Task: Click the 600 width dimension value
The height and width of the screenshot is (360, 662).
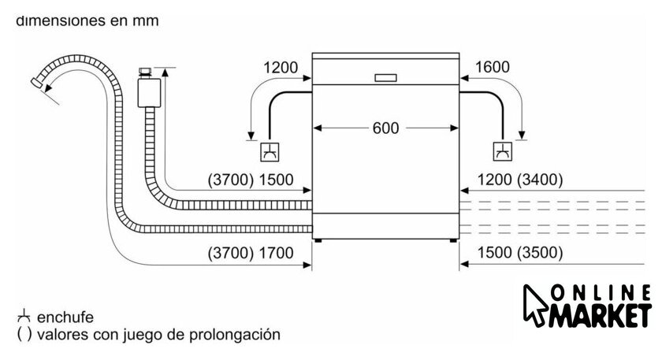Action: tap(386, 128)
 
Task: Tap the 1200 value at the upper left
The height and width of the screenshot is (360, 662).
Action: tap(281, 68)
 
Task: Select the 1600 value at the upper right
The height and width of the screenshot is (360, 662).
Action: tap(493, 68)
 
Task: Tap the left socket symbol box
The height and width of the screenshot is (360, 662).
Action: tap(270, 151)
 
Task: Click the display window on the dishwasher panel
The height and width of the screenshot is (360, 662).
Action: tap(386, 77)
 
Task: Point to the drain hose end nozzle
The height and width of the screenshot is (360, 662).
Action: tap(37, 81)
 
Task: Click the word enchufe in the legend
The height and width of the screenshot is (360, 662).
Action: tap(65, 317)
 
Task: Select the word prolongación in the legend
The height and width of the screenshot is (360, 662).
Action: tap(238, 334)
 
